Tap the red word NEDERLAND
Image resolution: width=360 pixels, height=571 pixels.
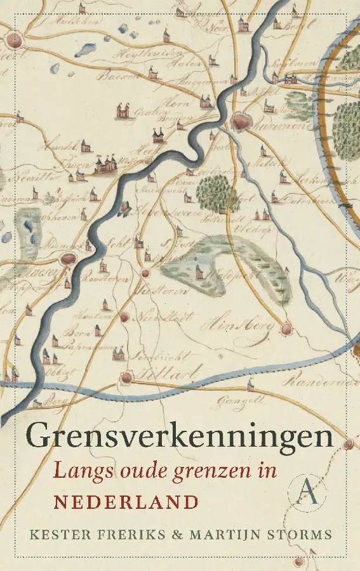tap(126, 502)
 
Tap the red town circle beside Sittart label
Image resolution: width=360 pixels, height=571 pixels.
tap(127, 377)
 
